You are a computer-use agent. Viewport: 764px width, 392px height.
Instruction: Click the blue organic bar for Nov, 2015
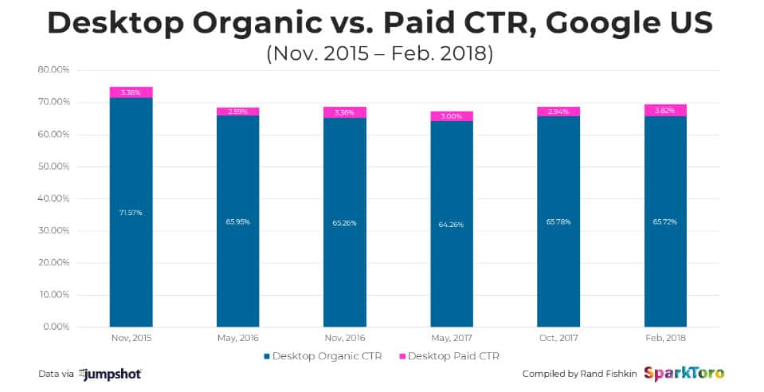131,239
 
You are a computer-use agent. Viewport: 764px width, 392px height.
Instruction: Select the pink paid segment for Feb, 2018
665,111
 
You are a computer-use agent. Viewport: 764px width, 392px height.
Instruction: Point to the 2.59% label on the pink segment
237,112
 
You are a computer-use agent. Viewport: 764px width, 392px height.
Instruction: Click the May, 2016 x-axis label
237,339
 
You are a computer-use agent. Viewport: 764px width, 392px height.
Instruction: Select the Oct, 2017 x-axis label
558,339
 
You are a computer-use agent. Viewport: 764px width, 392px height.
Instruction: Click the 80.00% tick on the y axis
54,70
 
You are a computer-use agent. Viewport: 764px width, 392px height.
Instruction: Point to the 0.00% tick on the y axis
56,327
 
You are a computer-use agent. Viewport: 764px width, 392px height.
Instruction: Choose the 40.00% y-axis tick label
54,198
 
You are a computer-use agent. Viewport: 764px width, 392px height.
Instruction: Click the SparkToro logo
683,373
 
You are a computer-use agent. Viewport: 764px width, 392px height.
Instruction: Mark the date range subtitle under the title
382,54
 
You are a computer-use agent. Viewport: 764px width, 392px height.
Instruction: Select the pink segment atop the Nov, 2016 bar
344,112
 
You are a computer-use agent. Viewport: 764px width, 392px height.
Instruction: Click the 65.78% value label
558,222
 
